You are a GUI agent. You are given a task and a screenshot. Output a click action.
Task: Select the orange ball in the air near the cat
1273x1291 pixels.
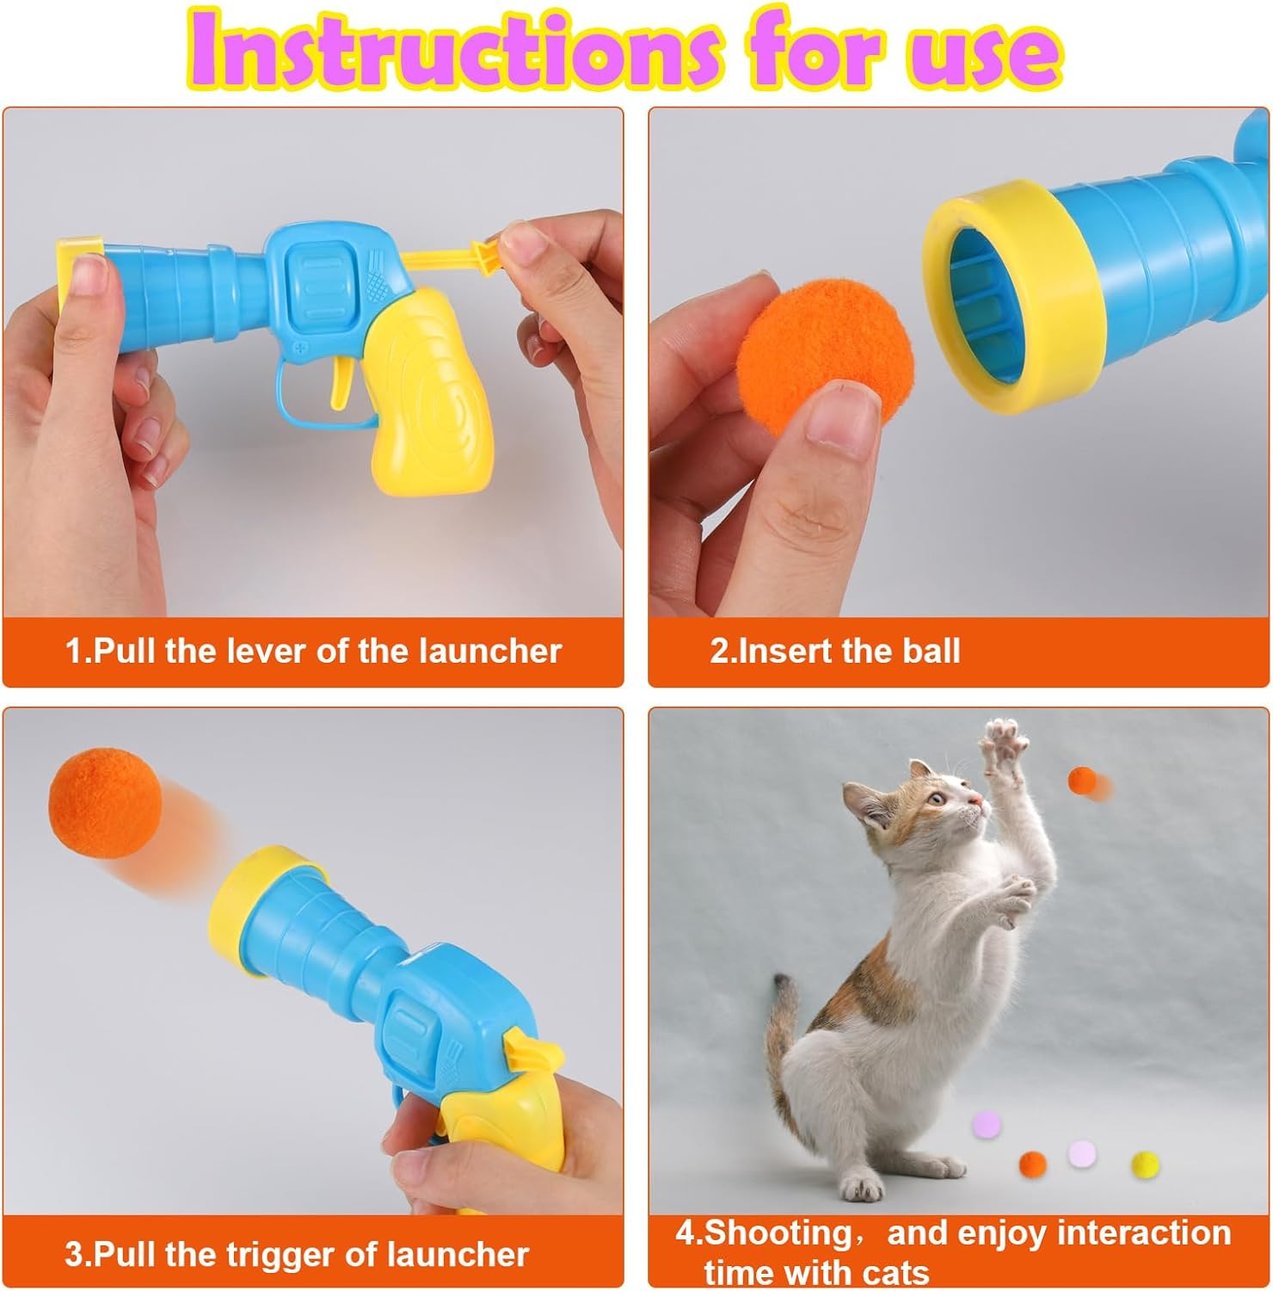click(1081, 780)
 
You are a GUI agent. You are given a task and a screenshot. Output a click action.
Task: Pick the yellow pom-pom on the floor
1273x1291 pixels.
click(1146, 1164)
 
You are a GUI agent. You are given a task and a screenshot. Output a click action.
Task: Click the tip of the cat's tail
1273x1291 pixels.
click(780, 985)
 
